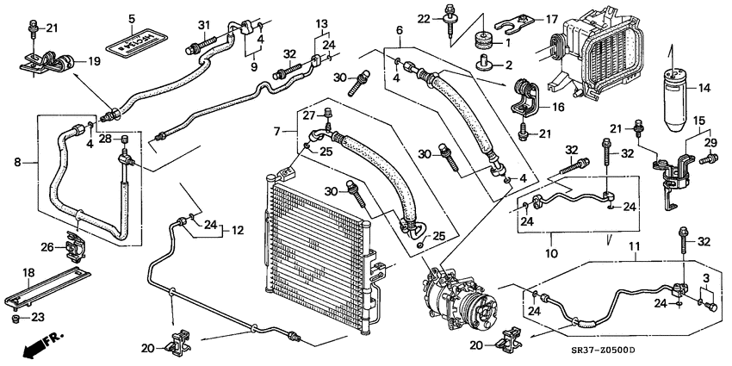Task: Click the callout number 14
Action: pyautogui.click(x=704, y=87)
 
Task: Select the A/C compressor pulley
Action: pyautogui.click(x=466, y=308)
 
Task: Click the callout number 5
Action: pyautogui.click(x=132, y=18)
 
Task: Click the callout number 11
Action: pyautogui.click(x=636, y=248)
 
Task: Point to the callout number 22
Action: pyautogui.click(x=447, y=19)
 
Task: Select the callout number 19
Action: pyautogui.click(x=94, y=61)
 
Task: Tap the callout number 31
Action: pyautogui.click(x=204, y=22)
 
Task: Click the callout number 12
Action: pyautogui.click(x=238, y=230)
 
